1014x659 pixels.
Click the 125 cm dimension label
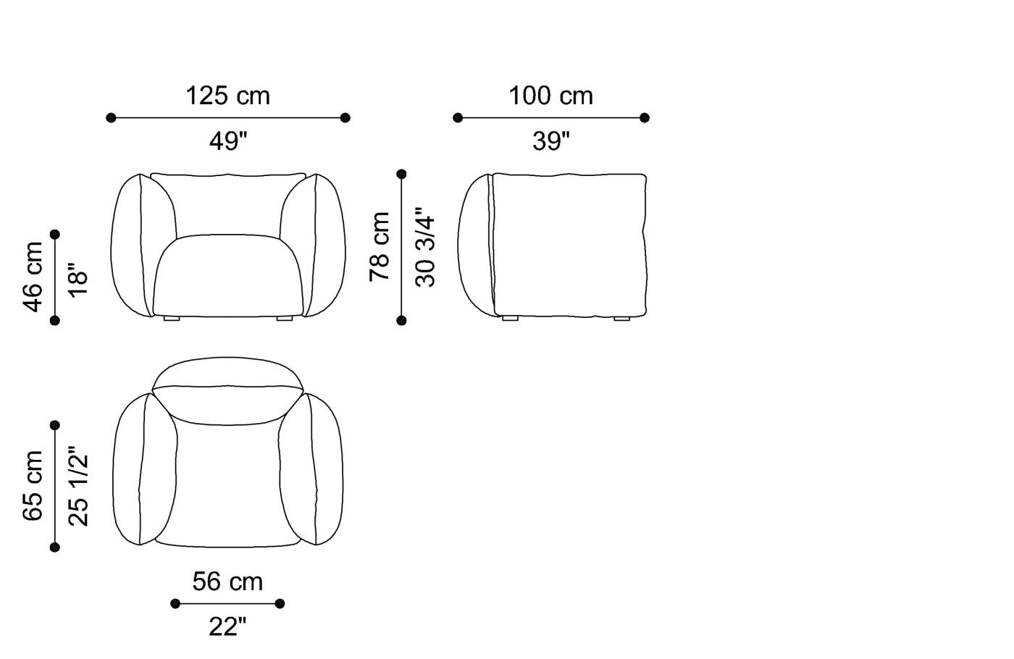[227, 96]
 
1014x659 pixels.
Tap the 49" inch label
[227, 140]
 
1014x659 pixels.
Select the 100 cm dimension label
[550, 96]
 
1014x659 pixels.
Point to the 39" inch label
[550, 140]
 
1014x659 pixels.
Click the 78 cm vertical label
[380, 247]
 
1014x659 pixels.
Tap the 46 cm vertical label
[33, 277]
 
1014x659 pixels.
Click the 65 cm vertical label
[33, 485]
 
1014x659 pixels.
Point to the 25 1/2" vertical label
[78, 485]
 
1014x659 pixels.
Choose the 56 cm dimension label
[227, 581]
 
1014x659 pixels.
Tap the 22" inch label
[227, 626]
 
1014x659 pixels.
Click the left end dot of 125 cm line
[111, 117]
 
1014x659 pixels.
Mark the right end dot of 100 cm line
[645, 117]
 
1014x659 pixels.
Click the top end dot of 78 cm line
[402, 174]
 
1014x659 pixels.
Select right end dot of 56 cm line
[280, 603]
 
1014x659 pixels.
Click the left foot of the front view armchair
[172, 318]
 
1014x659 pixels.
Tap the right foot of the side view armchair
[621, 318]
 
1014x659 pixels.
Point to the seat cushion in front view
[227, 275]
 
